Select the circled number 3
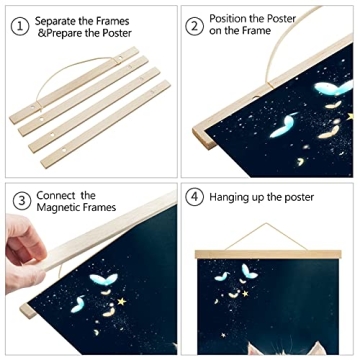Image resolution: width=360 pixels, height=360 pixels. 18,200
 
